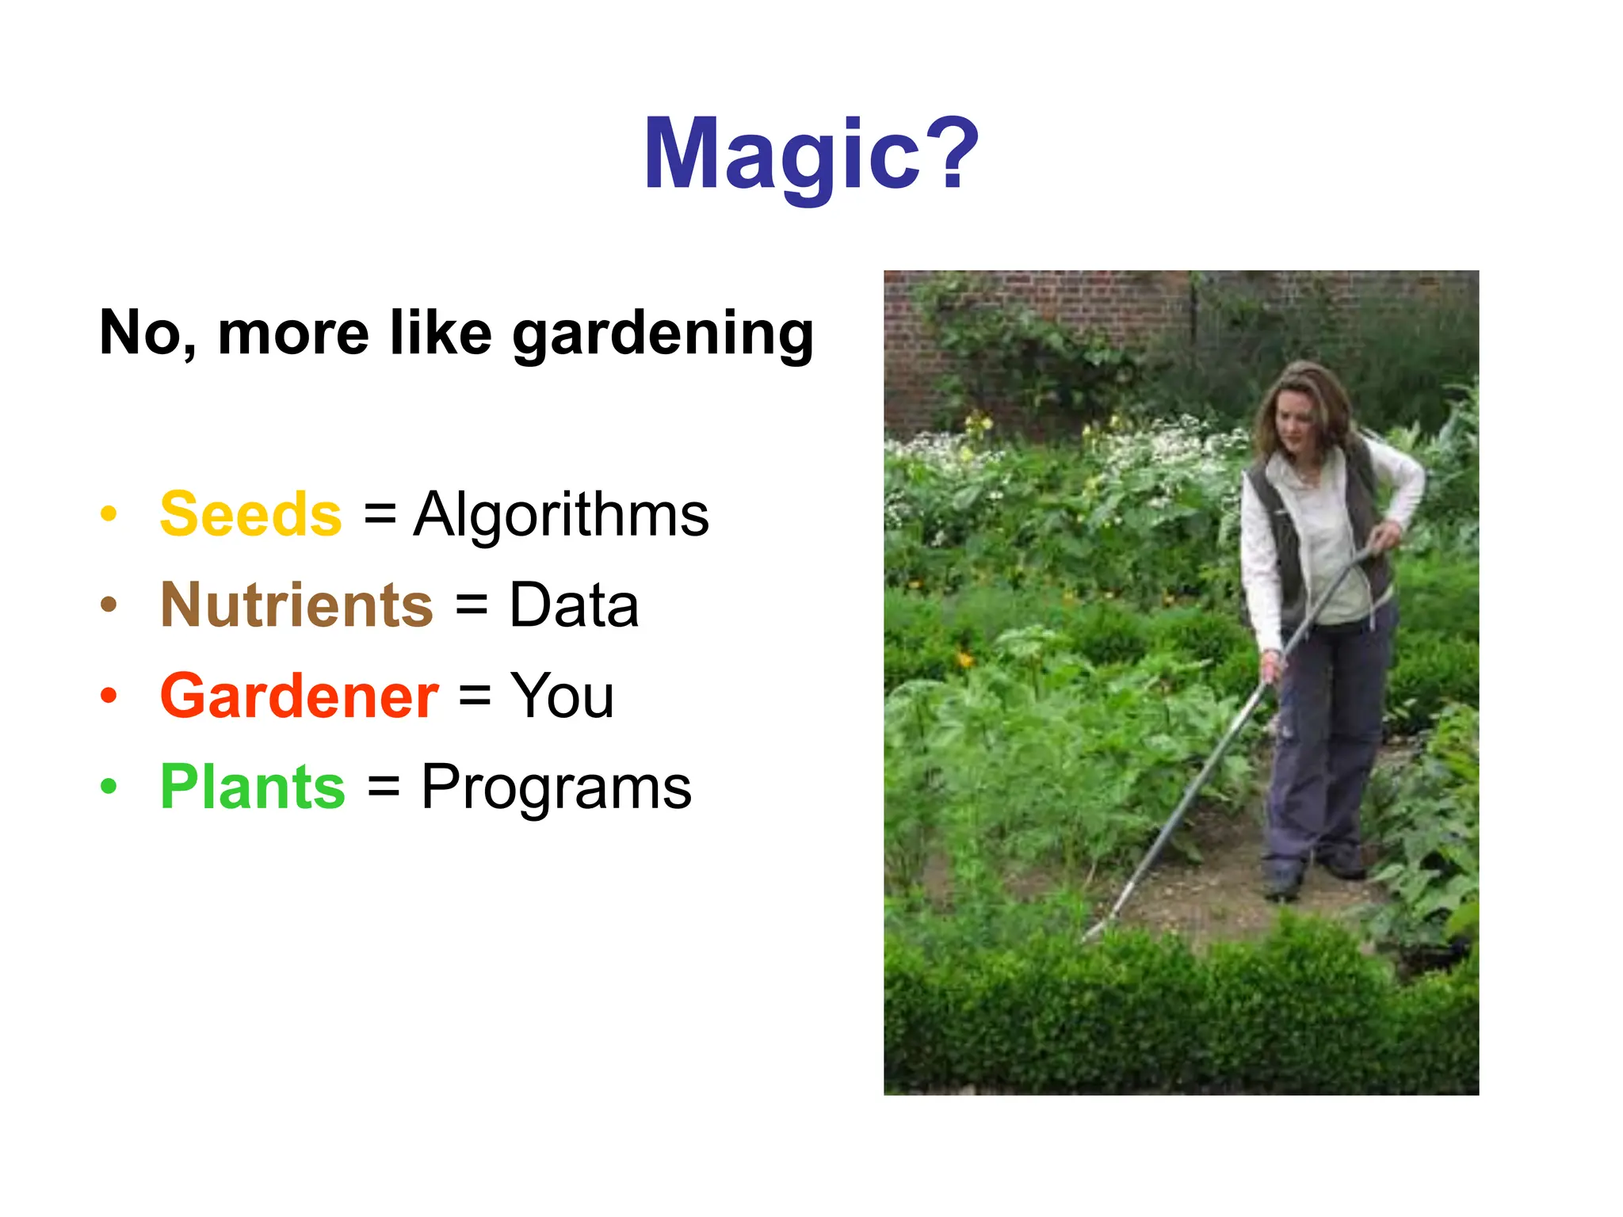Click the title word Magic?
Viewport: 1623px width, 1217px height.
[x=811, y=155]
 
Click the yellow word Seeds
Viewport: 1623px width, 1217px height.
[x=250, y=514]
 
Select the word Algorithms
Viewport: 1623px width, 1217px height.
[x=561, y=514]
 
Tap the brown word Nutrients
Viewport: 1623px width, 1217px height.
[x=296, y=605]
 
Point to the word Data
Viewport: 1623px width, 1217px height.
[x=574, y=605]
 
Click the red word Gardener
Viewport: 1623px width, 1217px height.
[x=299, y=696]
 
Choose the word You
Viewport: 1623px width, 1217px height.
[x=562, y=696]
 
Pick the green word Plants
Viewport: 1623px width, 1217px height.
[x=253, y=787]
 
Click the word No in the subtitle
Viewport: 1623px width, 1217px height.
[x=145, y=333]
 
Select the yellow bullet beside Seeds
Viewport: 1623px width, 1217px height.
[x=109, y=514]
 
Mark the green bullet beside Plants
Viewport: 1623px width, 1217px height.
[x=109, y=787]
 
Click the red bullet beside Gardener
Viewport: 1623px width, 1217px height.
[x=109, y=696]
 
